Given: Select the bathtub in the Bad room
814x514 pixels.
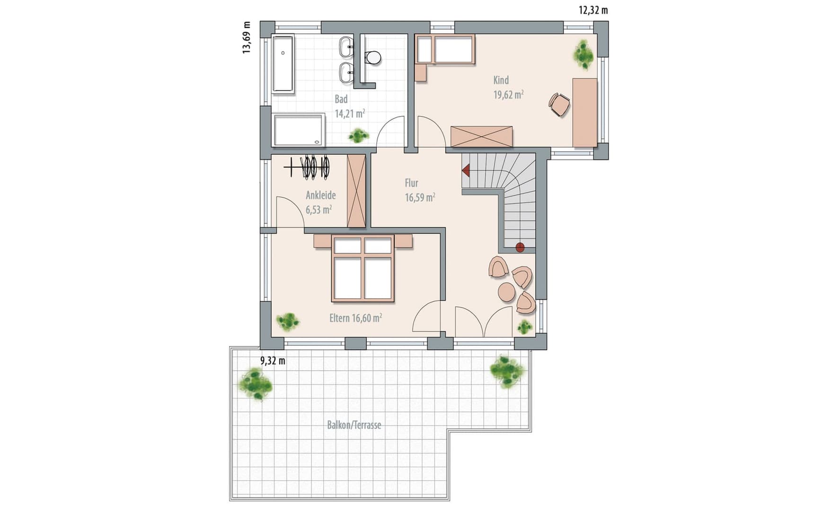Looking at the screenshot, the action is point(283,62).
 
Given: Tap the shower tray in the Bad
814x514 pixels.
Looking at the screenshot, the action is point(299,130).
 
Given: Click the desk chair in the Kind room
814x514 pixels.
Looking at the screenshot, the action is point(559,104).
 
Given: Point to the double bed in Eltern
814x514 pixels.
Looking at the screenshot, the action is point(363,268).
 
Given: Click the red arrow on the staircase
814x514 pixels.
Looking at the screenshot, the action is point(466,169).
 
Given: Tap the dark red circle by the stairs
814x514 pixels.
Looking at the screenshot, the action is point(520,247).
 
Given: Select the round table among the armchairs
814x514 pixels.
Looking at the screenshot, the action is point(506,292).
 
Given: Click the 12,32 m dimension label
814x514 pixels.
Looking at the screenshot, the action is point(593,10).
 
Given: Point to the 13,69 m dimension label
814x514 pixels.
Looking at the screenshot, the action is point(247,38).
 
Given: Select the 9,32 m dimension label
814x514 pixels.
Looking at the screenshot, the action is point(273,361).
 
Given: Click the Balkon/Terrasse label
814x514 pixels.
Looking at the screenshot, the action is point(354,425).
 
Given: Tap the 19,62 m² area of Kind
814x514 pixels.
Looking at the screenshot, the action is point(508,95).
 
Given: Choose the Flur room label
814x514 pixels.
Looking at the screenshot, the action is point(411,183).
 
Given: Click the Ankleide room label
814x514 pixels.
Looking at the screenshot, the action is point(321,195).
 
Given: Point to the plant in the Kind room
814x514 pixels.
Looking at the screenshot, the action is point(584,54).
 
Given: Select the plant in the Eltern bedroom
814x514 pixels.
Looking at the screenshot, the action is point(288,322).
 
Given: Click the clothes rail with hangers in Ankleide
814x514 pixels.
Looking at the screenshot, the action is point(307,167).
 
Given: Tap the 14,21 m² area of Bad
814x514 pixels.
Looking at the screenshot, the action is point(350,114).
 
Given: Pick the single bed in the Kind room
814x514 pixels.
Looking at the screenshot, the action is point(445,49).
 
